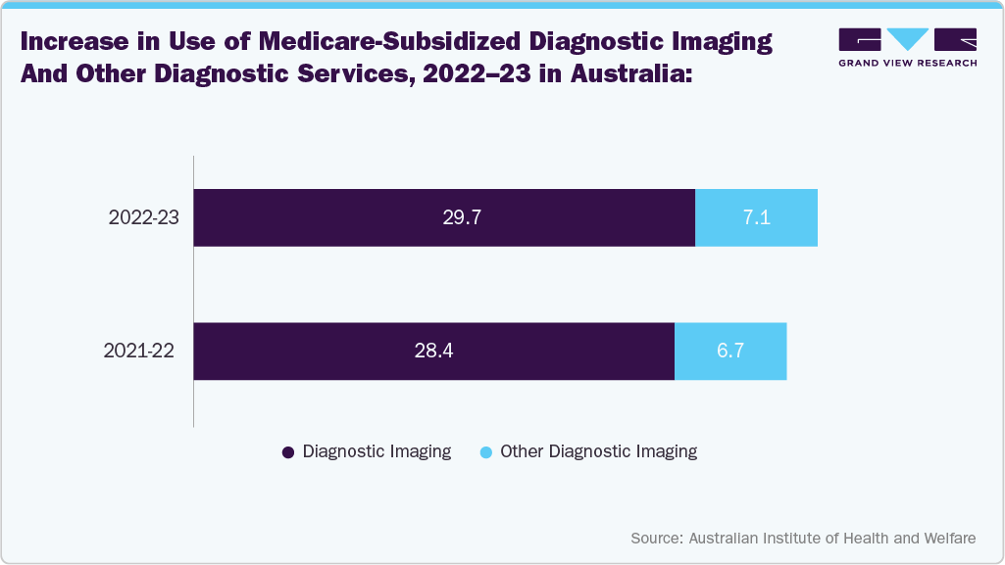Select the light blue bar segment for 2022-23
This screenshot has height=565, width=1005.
tap(756, 217)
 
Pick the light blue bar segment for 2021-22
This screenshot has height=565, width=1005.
tap(730, 351)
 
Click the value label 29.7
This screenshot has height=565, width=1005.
tap(461, 217)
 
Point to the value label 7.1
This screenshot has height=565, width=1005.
tap(756, 217)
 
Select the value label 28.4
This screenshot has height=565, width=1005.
tap(433, 351)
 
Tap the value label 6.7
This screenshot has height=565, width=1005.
tap(730, 351)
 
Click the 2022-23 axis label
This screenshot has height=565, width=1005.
tap(143, 217)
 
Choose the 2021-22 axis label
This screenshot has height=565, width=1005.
tap(139, 351)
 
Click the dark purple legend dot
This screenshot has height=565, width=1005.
tap(288, 452)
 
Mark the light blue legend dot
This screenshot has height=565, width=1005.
tap(485, 452)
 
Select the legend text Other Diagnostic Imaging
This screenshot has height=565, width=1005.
tap(598, 451)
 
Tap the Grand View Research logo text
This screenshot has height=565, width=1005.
tap(907, 63)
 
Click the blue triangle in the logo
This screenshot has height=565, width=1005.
tap(907, 39)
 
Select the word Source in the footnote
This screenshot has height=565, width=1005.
tap(656, 539)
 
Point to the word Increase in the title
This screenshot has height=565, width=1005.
tap(70, 42)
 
